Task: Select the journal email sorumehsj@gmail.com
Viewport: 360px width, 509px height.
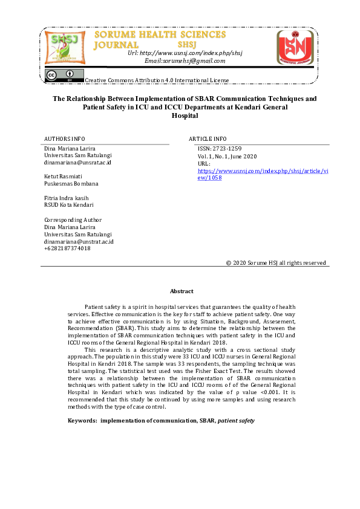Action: tap(185, 60)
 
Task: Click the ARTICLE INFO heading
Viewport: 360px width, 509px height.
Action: tap(208, 138)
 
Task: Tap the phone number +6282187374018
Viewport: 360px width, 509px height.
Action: tap(67, 248)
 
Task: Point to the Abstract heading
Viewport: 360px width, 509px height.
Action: tap(182, 291)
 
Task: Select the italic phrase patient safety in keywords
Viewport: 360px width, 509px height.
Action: tap(237, 420)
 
